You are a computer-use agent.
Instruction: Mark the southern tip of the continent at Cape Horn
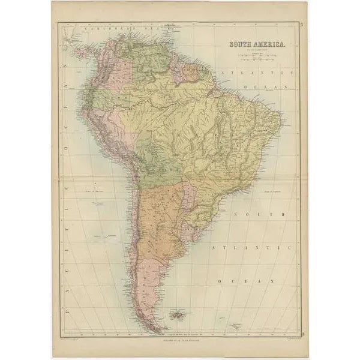pos(157,331)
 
